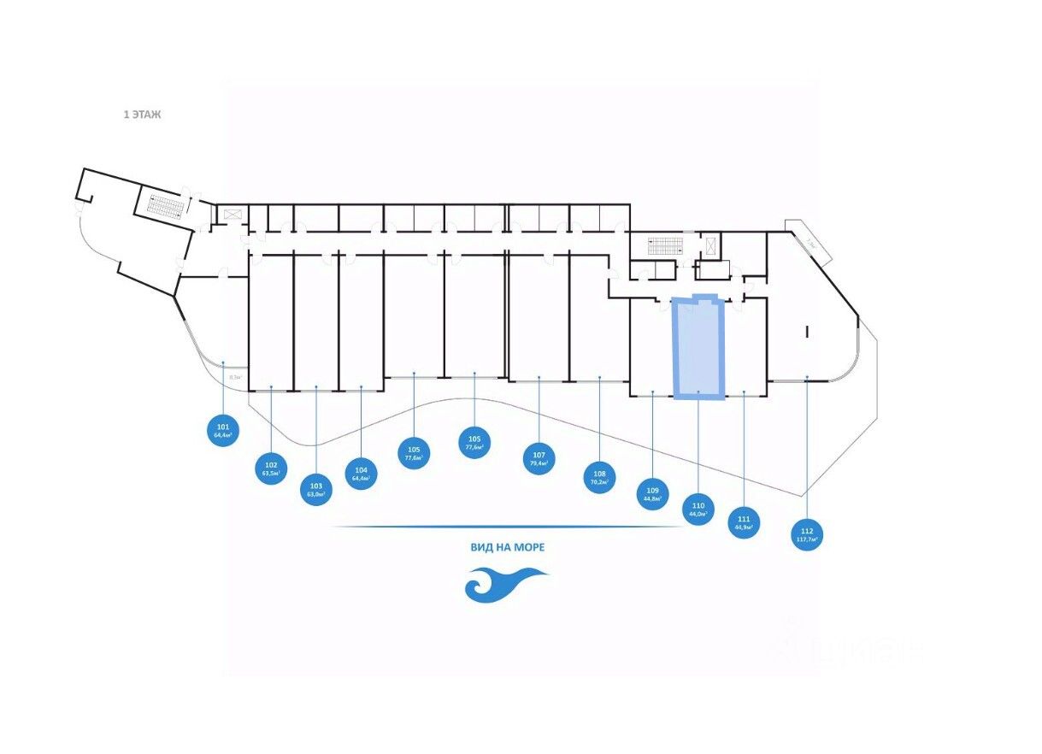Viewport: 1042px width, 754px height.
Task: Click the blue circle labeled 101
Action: coord(223,430)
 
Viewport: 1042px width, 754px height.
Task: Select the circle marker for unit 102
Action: coord(271,468)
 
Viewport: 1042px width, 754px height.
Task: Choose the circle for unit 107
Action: coord(539,459)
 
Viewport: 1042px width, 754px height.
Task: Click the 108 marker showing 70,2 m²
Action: coord(599,477)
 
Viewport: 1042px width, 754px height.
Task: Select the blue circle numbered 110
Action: coord(698,510)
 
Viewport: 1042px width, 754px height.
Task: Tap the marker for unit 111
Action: coord(744,521)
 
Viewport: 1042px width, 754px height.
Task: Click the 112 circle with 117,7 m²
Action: coord(807,535)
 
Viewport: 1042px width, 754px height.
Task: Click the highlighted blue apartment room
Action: coord(698,347)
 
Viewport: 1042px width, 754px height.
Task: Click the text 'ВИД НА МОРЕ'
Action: coord(508,547)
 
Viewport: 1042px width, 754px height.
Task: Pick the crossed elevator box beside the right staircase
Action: coord(709,245)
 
